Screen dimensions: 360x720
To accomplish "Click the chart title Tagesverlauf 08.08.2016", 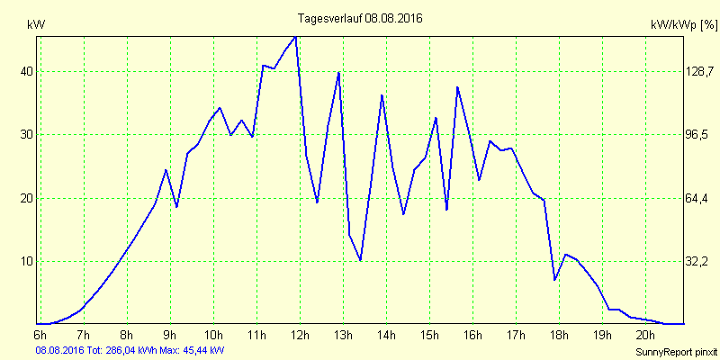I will click(360, 17).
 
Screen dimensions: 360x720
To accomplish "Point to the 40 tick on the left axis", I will click(26, 71).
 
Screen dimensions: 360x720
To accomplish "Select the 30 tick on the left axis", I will click(26, 134).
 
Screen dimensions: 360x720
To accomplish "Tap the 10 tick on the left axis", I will click(26, 261).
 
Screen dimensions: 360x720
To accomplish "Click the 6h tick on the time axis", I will click(40, 335).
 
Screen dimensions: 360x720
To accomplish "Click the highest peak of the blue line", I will click(295, 37).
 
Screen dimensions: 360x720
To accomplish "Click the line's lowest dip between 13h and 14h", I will click(361, 260).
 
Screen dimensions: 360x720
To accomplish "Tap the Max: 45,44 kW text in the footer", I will click(193, 349).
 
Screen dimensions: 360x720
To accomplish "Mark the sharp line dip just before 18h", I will click(555, 280).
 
